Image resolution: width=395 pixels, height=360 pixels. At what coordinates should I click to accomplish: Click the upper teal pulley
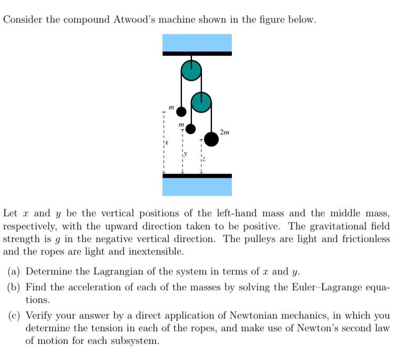[x=191, y=70]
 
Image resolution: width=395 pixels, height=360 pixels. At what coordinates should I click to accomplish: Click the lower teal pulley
[x=201, y=102]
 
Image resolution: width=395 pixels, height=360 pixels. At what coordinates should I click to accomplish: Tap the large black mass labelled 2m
[x=211, y=139]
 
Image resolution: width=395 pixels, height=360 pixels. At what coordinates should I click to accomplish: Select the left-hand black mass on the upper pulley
[x=181, y=111]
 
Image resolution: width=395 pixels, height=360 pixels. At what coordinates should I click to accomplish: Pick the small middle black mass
[x=191, y=128]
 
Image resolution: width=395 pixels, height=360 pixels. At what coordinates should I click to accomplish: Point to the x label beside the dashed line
[x=167, y=143]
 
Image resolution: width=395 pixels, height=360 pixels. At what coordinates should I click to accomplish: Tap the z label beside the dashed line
[x=205, y=158]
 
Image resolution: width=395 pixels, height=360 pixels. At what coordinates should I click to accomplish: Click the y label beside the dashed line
[x=185, y=154]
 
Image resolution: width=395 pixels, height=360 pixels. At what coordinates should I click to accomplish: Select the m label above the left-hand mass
[x=172, y=107]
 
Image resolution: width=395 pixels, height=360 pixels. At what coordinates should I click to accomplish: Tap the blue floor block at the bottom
[x=197, y=186]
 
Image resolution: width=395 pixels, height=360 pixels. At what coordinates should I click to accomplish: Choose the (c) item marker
[x=14, y=315]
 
